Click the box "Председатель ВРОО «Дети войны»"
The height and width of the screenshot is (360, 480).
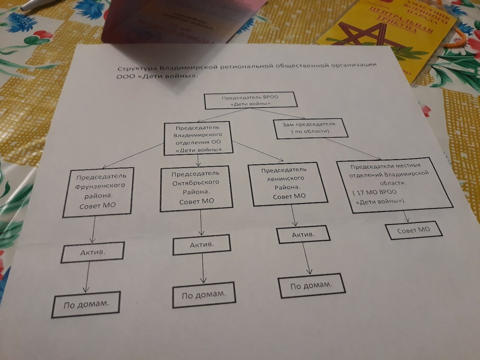point(250,100)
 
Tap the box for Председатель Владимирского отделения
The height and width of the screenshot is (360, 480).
point(198,138)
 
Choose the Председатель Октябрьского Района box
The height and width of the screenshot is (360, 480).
point(196,187)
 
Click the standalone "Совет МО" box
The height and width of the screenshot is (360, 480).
point(414,230)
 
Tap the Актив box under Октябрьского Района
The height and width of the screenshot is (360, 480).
point(202,245)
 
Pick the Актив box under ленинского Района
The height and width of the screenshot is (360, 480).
point(303,235)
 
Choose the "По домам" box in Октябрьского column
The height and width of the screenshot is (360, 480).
point(204,294)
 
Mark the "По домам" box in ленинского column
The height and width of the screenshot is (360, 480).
point(311,286)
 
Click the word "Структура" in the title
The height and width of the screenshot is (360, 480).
point(136,69)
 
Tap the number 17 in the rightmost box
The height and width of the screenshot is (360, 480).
point(360,193)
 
